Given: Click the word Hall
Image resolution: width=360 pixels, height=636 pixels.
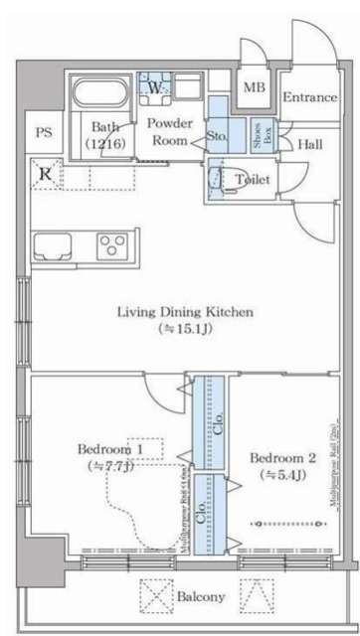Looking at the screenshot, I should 308,144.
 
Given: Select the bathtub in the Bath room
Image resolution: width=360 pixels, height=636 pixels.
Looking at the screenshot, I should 100,97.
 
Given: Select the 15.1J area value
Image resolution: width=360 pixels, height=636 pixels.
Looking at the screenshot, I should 191,328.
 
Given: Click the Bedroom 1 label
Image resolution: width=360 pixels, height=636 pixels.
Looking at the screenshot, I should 112,449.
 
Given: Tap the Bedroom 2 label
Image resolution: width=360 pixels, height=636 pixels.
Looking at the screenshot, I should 283,458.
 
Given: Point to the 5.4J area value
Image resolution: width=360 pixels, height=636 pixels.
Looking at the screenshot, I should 283,475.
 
